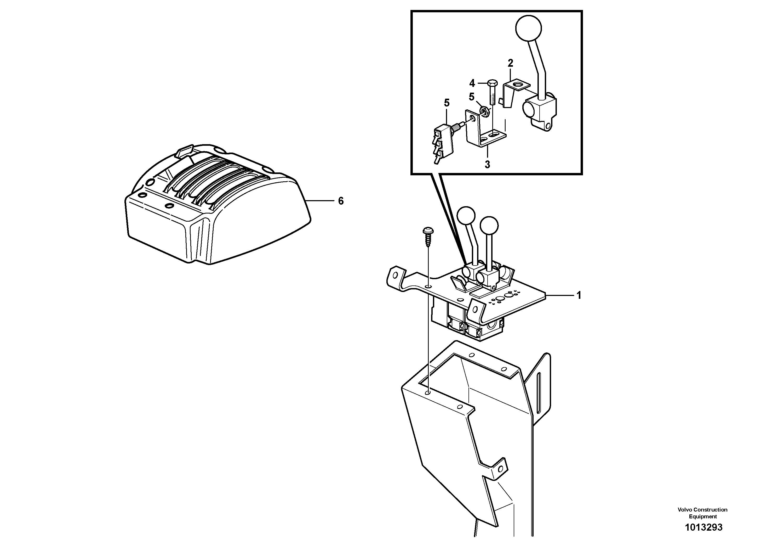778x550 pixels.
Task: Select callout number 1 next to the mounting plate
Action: point(579,295)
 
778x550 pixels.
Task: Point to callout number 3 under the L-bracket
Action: point(487,165)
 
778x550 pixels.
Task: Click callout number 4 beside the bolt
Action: point(472,83)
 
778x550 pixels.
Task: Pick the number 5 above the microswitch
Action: point(447,103)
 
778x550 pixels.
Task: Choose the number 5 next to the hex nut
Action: point(472,97)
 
